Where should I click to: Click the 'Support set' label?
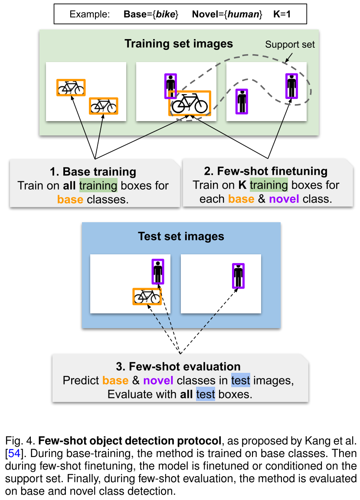click(x=290, y=45)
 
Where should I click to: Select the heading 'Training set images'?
click(x=179, y=44)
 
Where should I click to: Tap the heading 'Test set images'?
click(x=181, y=237)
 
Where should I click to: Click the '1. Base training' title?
click(x=93, y=171)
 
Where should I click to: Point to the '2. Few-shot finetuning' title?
click(x=266, y=171)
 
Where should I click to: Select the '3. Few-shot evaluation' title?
click(x=180, y=366)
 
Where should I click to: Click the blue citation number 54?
click(x=14, y=455)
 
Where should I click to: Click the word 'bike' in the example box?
click(x=167, y=14)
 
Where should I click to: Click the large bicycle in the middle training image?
click(x=190, y=103)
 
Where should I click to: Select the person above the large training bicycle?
click(x=170, y=85)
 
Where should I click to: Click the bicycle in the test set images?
click(x=147, y=296)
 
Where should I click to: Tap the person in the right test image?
click(x=238, y=276)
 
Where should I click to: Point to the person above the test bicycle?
click(x=158, y=271)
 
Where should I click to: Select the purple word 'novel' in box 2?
click(x=284, y=200)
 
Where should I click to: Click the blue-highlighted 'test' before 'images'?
click(x=240, y=381)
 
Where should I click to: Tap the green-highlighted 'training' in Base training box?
click(x=98, y=186)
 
